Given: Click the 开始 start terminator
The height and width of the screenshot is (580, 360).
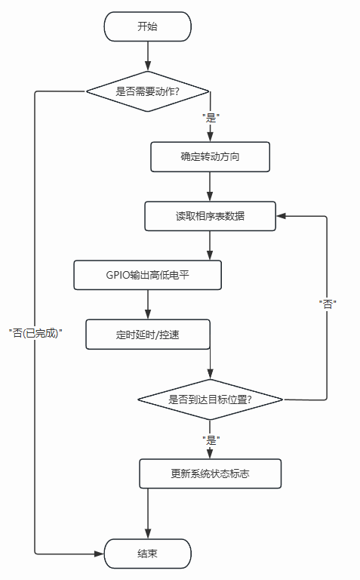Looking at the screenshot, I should [147, 26].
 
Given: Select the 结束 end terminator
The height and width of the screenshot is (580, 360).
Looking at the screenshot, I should [147, 554].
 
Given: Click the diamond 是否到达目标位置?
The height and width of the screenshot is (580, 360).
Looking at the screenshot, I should [210, 399].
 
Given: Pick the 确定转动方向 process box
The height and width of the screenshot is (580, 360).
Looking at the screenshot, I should [210, 157].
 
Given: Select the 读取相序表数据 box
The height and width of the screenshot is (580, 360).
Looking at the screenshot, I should [210, 216].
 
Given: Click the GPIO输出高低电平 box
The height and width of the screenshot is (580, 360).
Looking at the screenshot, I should [147, 274].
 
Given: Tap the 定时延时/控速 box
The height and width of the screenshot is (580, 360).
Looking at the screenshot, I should [147, 334].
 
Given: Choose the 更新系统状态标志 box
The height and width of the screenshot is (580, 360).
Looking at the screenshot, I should [210, 474].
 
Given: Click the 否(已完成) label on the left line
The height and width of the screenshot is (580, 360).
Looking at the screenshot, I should [35, 332].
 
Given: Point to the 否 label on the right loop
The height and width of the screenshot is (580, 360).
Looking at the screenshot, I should [327, 304].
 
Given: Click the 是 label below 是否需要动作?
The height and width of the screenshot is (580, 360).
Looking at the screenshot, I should [211, 118].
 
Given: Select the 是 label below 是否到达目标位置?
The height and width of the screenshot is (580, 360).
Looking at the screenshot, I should [211, 438].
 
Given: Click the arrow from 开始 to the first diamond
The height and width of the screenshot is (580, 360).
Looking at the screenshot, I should [147, 57].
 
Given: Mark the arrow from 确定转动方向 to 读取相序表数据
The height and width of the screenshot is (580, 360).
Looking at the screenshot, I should [210, 187].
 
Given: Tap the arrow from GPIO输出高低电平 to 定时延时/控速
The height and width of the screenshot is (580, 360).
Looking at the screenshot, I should [147, 304].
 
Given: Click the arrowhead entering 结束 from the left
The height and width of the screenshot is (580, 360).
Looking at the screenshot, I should [98, 554].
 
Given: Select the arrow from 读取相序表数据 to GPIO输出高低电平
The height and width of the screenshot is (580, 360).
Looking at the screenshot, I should [210, 245].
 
